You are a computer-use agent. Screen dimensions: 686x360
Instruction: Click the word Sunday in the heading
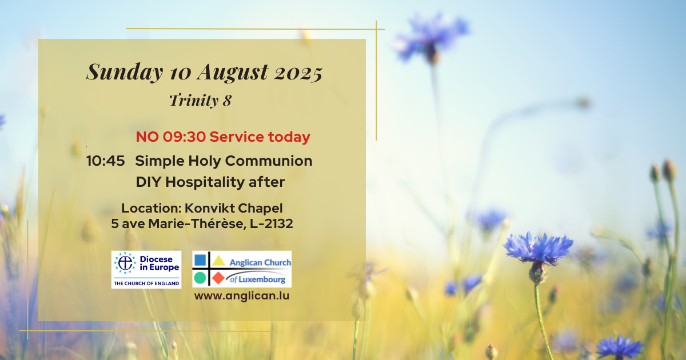pyautogui.click(x=125, y=73)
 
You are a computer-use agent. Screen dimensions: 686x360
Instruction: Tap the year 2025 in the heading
pyautogui.click(x=298, y=74)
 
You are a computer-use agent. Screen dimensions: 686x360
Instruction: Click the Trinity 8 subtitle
pyautogui.click(x=201, y=100)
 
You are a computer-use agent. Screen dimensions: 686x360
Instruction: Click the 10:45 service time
pyautogui.click(x=106, y=161)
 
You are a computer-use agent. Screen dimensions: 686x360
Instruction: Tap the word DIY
pyautogui.click(x=148, y=182)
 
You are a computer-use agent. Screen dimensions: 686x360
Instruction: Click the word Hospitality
pyautogui.click(x=205, y=182)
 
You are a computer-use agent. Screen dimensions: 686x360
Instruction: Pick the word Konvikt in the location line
pyautogui.click(x=209, y=208)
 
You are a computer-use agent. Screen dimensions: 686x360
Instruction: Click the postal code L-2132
pyautogui.click(x=272, y=224)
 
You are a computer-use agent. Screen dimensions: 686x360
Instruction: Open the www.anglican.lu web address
pyautogui.click(x=242, y=296)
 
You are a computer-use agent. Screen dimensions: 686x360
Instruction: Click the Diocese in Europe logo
pyautogui.click(x=146, y=270)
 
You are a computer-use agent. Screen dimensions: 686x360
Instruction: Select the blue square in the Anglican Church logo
pyautogui.click(x=200, y=260)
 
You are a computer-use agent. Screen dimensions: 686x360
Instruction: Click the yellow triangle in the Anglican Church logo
pyautogui.click(x=218, y=261)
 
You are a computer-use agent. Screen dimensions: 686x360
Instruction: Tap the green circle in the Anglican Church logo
pyautogui.click(x=200, y=278)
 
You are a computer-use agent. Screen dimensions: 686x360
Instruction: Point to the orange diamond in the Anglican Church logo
pyautogui.click(x=218, y=278)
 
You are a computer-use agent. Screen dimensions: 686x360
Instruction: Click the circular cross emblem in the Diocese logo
pyautogui.click(x=125, y=263)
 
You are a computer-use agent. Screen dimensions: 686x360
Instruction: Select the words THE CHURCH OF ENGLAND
pyautogui.click(x=146, y=283)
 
